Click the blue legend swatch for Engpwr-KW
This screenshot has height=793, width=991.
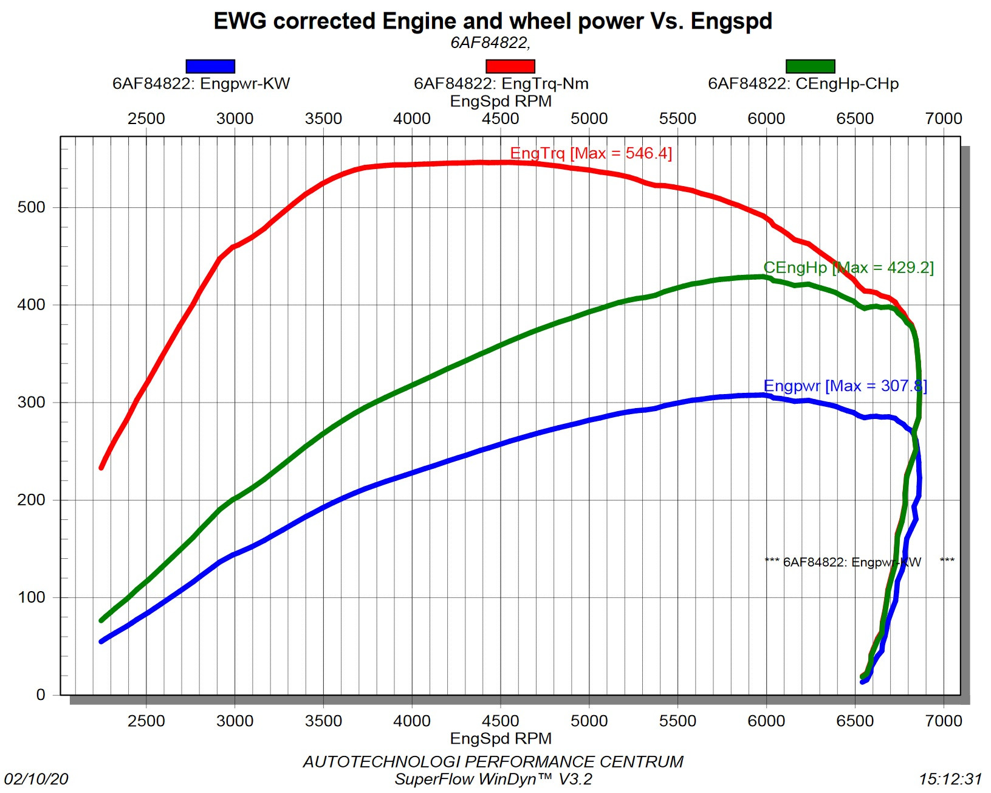tap(210, 66)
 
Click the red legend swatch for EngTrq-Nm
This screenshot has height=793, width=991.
tap(510, 66)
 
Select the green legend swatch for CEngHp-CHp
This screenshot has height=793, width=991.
tap(810, 66)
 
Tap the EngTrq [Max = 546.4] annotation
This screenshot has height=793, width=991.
tap(591, 153)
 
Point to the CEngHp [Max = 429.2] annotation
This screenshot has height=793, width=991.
tap(848, 268)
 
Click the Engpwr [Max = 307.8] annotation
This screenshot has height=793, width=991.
tap(845, 386)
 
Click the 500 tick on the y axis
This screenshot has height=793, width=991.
tap(32, 207)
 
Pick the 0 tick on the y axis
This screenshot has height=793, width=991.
tap(41, 694)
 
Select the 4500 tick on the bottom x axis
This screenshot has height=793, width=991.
tap(500, 721)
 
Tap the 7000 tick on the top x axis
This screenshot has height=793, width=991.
tap(943, 119)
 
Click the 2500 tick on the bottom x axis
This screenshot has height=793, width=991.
tap(146, 721)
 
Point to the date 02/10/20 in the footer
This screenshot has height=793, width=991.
tap(36, 779)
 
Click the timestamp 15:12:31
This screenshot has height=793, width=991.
tap(950, 779)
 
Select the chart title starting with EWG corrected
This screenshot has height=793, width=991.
tap(493, 21)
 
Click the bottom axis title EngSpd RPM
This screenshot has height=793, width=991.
tap(501, 738)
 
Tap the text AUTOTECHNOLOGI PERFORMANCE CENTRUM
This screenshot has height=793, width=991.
tap(493, 762)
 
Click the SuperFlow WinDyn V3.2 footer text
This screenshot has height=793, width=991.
tap(493, 779)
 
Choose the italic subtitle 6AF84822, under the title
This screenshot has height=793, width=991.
tap(490, 43)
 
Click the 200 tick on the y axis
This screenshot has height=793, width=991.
tap(32, 500)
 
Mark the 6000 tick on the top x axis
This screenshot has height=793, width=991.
tap(766, 119)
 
